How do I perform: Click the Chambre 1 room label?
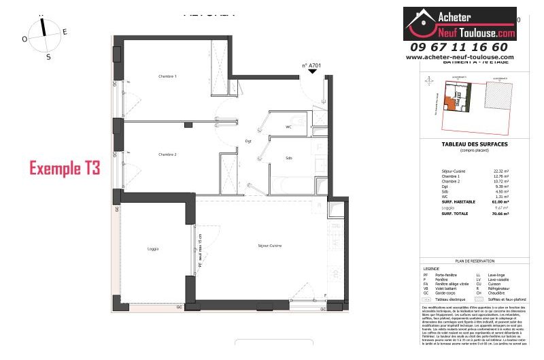pos(167,76)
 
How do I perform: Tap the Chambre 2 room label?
pos(167,154)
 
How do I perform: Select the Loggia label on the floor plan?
pos(153,249)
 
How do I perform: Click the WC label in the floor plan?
pos(288,127)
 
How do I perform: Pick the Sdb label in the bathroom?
pos(289,158)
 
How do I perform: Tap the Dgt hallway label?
pos(249,141)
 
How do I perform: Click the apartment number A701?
pos(311,66)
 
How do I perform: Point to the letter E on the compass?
pos(65,32)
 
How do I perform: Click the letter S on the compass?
pos(48,57)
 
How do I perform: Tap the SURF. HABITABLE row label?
pos(440,202)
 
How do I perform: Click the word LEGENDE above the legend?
pos(431,268)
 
